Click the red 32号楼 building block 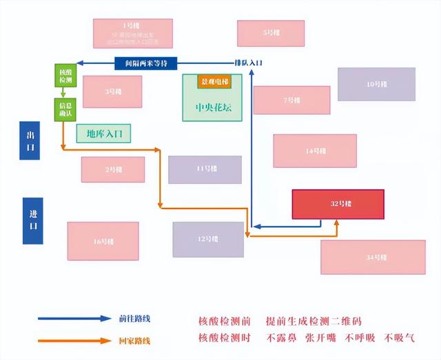(338, 204)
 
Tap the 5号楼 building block (270, 32)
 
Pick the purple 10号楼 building (376, 84)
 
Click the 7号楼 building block (291, 100)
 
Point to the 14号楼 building (314, 151)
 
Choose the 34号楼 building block (373, 257)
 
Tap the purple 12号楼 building (207, 239)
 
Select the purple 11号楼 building (205, 169)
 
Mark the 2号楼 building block (112, 169)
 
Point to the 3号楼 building (112, 92)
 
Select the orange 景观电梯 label (214, 81)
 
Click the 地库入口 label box (104, 133)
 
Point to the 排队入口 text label (248, 63)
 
